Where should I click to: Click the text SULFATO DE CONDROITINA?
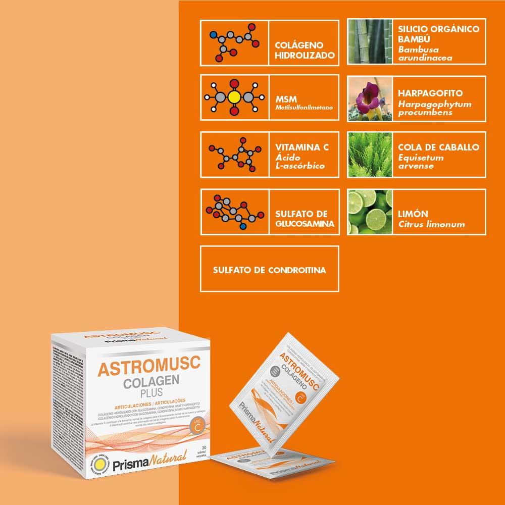pos(269,270)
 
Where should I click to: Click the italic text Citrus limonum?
pos(431,224)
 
